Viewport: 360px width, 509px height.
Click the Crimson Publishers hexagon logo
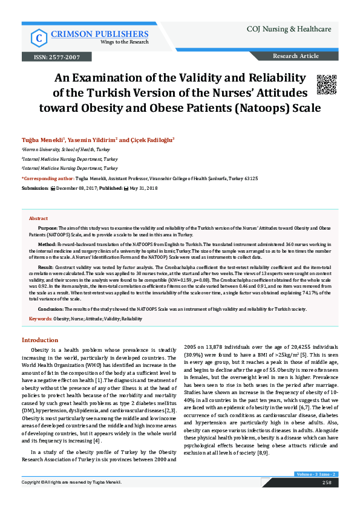[x=39, y=38]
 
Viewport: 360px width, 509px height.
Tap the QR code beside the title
[x=326, y=85]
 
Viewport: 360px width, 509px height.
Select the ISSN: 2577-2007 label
[x=52, y=57]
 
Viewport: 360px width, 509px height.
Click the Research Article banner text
[x=296, y=56]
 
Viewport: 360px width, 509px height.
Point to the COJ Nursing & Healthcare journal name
[x=289, y=29]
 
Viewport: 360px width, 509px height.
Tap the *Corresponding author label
[x=48, y=178]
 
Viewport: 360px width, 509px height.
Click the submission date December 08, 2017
[x=79, y=188]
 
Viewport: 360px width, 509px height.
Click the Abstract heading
[x=39, y=218]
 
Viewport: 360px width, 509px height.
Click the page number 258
[x=326, y=499]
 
